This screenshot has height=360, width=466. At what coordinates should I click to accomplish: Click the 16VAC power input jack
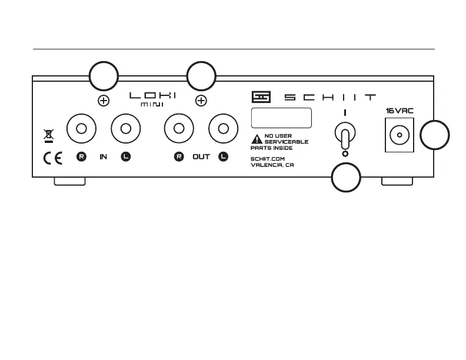400,135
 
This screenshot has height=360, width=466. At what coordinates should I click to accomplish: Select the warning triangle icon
257,139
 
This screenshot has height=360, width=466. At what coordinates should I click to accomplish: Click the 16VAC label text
400,110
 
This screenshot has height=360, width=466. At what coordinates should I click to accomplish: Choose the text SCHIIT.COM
268,158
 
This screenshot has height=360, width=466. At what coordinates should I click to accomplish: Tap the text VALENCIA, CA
272,165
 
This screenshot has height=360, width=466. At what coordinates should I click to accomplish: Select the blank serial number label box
281,118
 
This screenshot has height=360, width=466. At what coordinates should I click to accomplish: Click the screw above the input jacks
103,101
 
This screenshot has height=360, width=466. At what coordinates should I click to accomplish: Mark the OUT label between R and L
201,157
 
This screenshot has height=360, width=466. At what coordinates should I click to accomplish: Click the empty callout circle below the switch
345,177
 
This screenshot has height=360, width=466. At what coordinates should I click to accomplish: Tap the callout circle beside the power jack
435,135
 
